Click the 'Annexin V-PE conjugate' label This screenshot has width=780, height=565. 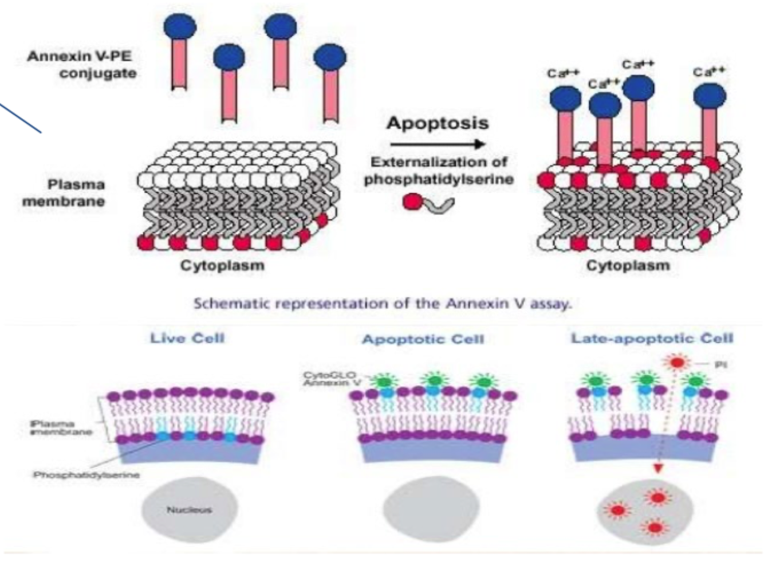(81, 65)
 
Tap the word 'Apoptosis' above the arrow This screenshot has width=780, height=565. (437, 123)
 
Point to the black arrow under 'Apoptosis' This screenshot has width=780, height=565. (437, 144)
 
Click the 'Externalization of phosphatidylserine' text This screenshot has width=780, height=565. (438, 171)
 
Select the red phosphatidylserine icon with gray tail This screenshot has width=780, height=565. (427, 203)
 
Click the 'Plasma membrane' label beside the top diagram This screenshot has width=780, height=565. (64, 193)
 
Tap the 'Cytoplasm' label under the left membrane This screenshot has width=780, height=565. (222, 266)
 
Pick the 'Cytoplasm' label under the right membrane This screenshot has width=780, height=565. (628, 266)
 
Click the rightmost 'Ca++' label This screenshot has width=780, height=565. (709, 72)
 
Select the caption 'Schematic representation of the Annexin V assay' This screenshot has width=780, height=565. (382, 303)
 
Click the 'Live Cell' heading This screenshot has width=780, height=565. (187, 338)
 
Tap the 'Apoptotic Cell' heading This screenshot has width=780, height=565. (423, 339)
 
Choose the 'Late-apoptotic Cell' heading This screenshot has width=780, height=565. (652, 338)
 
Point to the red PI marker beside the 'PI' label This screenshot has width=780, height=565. (677, 363)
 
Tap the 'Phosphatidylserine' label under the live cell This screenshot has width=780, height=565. (86, 475)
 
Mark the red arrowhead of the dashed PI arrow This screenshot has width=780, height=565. (658, 469)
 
